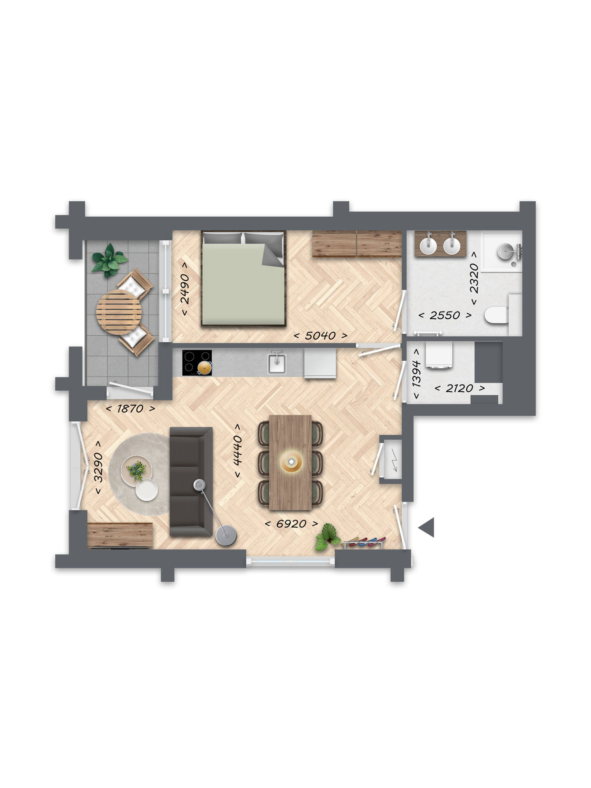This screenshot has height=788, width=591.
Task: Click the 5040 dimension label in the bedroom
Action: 321,335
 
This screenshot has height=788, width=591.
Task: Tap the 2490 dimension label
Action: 185,289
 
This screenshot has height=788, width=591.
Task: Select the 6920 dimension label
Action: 291,524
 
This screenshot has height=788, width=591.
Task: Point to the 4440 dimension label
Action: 237,451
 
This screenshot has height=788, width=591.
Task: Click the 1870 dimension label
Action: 131,409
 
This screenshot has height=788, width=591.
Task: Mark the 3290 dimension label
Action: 98,467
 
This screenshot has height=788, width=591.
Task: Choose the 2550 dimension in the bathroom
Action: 445,315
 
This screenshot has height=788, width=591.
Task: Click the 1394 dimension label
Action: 417,373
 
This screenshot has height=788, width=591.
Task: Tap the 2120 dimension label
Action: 460,388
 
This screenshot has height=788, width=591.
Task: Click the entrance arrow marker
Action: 427,527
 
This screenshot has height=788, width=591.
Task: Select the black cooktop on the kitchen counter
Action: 197,363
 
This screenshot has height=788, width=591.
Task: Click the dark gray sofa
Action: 191,482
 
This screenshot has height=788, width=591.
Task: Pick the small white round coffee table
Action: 147,490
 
